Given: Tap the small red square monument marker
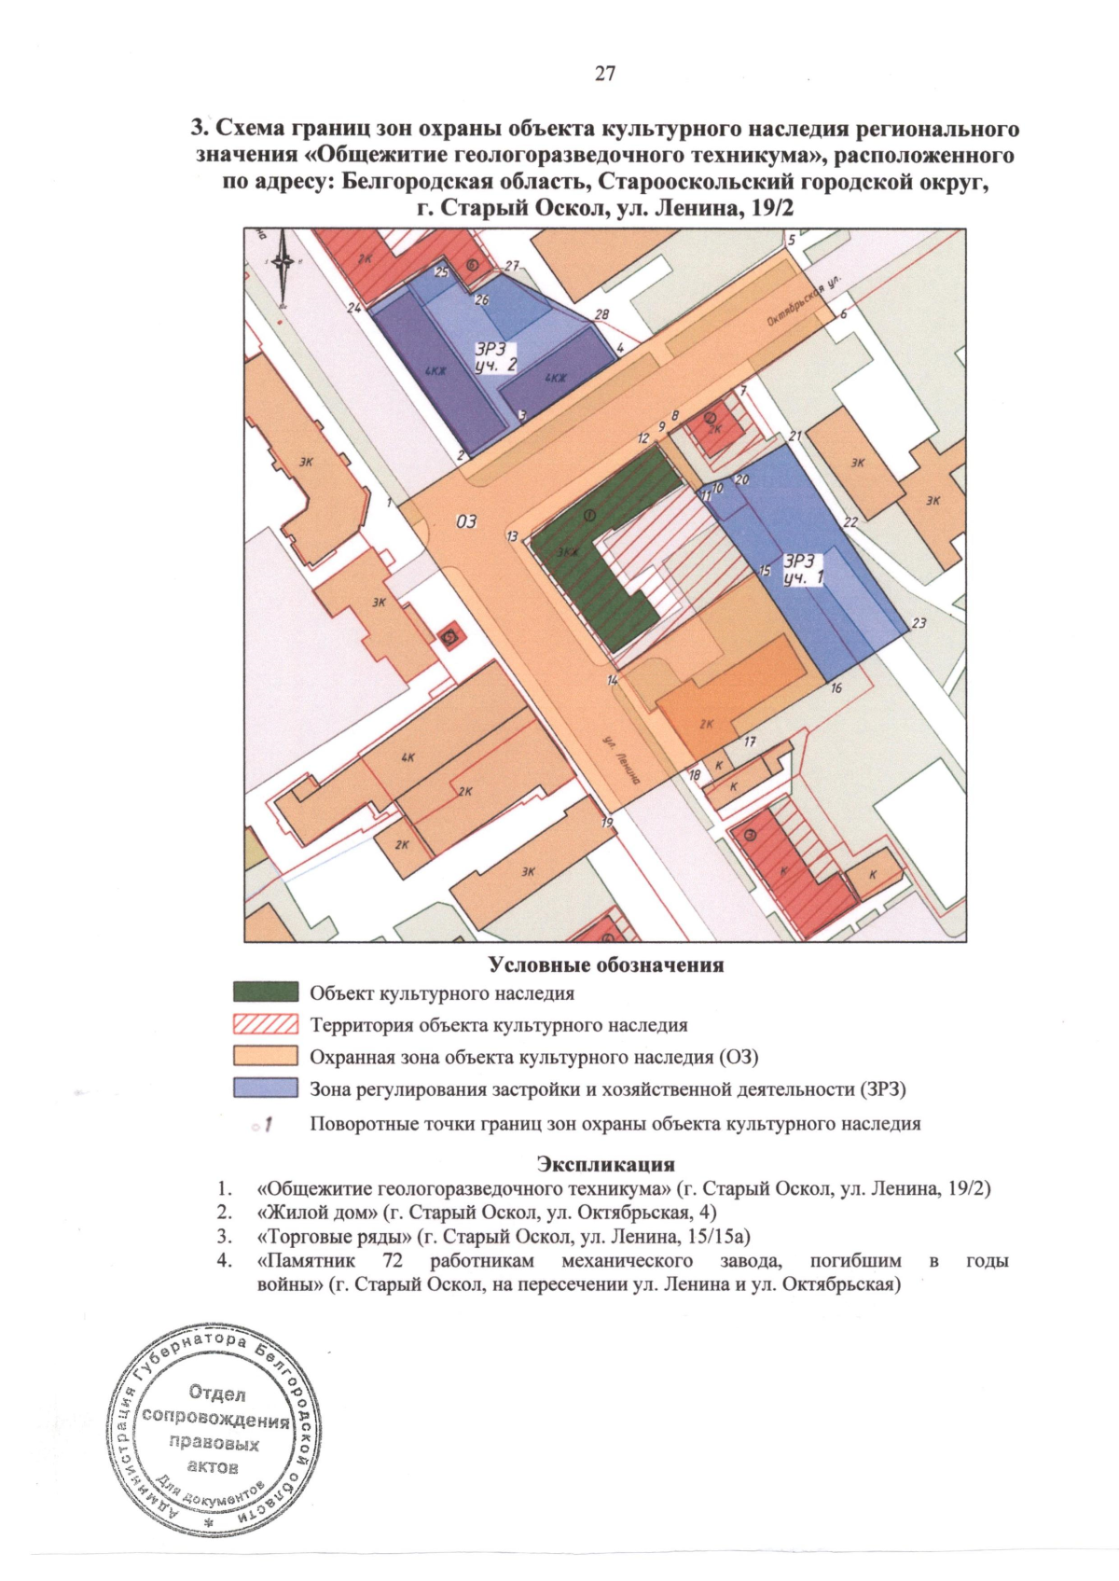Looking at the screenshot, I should [450, 637].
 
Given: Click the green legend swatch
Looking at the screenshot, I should [266, 992].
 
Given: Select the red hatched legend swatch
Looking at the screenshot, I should [266, 1025].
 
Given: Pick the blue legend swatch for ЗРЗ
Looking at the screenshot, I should [266, 1089].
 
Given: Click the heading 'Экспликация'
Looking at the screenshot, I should [604, 1164].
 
